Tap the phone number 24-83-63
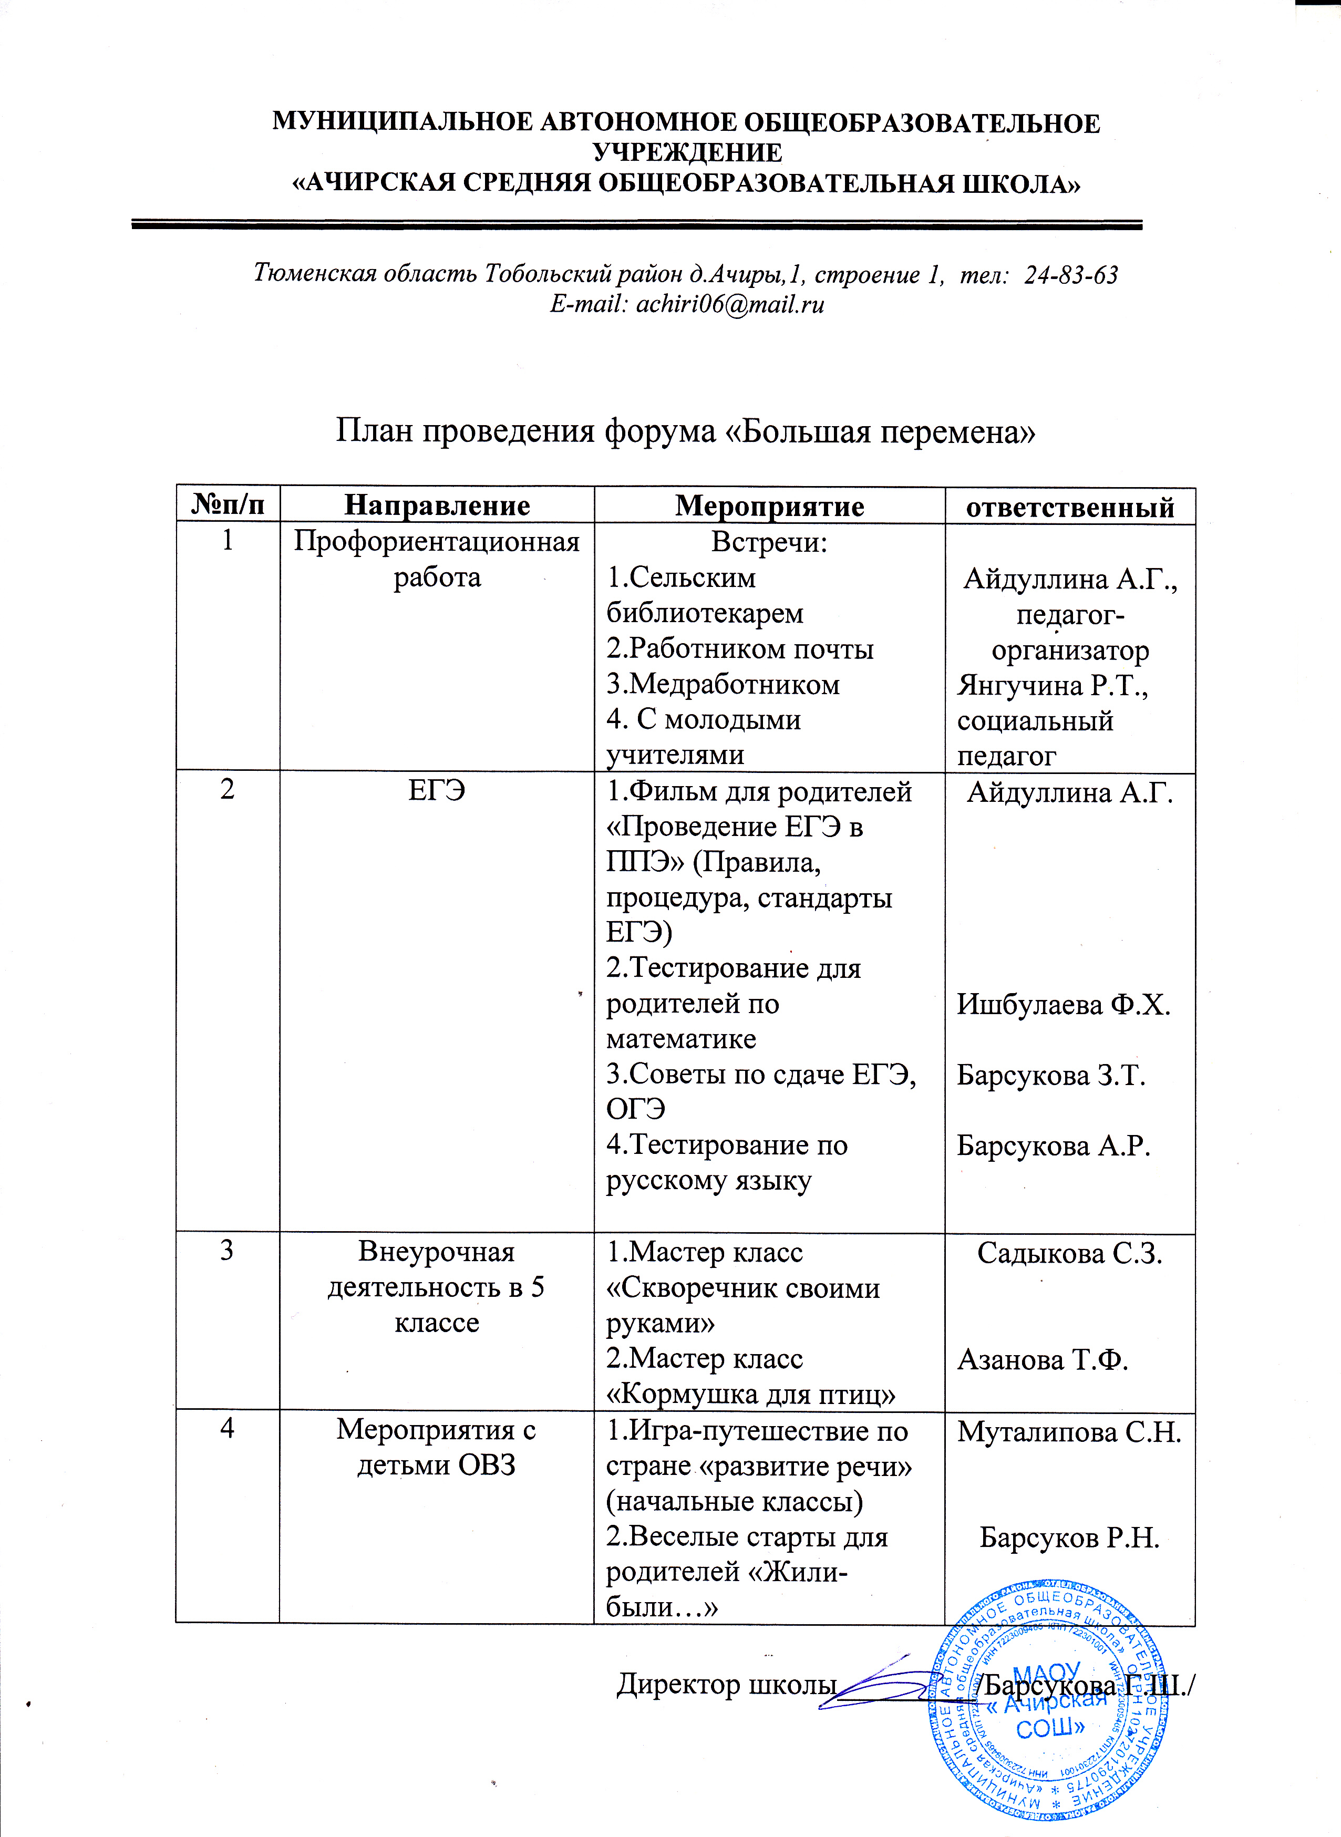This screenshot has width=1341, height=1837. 1071,275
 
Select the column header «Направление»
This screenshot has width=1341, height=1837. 437,505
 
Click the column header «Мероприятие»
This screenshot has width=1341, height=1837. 769,505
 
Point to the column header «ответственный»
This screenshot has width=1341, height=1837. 1070,508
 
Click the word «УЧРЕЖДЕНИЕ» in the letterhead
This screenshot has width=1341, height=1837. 687,152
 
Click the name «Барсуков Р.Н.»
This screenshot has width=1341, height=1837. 1069,1538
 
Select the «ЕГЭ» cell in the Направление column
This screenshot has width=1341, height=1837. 437,790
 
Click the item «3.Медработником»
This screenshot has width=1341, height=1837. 723,684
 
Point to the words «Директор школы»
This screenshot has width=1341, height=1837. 727,1685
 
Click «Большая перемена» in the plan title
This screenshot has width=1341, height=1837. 879,431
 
